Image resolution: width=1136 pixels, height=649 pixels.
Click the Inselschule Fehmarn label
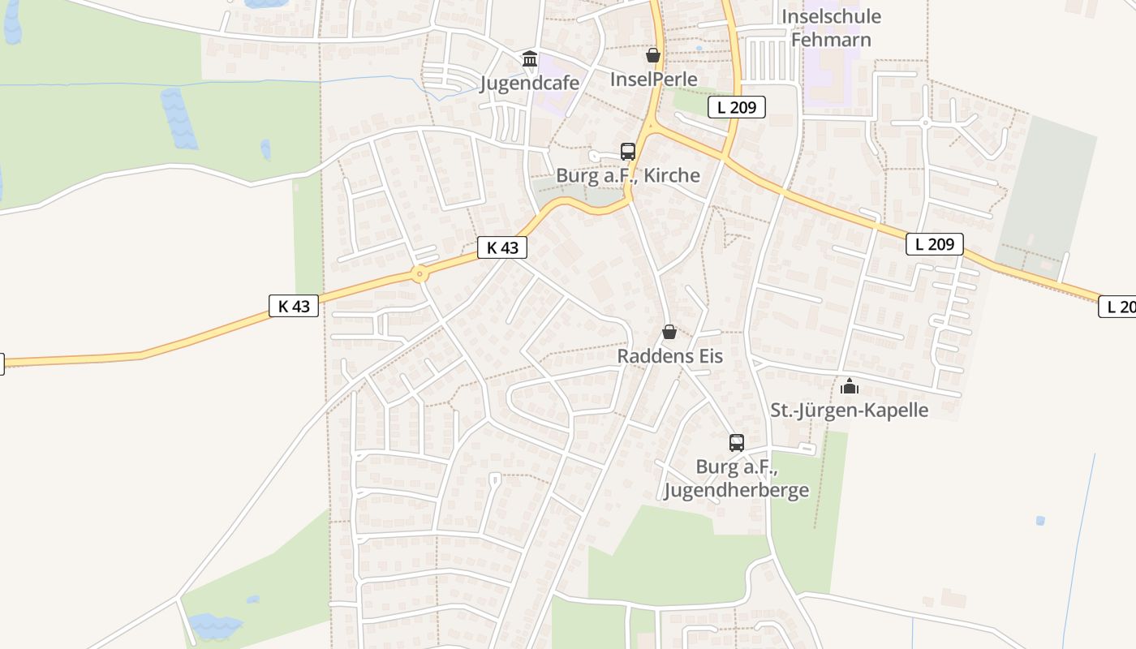pos(831,28)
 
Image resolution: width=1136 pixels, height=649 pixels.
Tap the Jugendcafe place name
pos(530,83)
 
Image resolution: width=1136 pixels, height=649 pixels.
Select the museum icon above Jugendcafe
pos(530,58)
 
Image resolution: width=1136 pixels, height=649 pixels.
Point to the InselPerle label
pos(653,79)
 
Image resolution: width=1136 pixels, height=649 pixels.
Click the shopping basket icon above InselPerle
pos(653,55)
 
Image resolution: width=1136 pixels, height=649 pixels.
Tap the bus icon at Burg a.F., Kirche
pos(627,152)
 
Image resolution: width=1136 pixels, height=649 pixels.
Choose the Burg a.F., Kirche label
pos(627,175)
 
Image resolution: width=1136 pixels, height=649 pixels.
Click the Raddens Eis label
pos(669,355)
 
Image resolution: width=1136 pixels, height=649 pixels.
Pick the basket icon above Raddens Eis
pos(669,332)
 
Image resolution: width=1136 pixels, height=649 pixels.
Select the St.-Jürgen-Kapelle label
pos(849,410)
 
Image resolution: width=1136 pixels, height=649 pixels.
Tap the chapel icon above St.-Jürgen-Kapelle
pos(850,386)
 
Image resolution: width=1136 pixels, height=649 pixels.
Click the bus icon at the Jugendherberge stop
pos(736,443)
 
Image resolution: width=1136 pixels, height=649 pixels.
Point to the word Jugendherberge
pos(736,490)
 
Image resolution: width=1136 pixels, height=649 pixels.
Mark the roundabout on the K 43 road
pos(420,274)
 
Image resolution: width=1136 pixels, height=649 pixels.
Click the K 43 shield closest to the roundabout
pos(502,247)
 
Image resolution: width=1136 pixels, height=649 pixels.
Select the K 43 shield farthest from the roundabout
pos(294,306)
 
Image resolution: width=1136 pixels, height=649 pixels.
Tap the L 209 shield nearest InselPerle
pos(736,107)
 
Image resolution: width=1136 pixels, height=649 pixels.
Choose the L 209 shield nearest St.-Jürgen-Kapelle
pos(934,243)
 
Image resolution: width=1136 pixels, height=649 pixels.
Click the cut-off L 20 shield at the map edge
pos(1118,306)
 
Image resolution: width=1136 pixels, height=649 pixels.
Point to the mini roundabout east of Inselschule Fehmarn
pos(926,123)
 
